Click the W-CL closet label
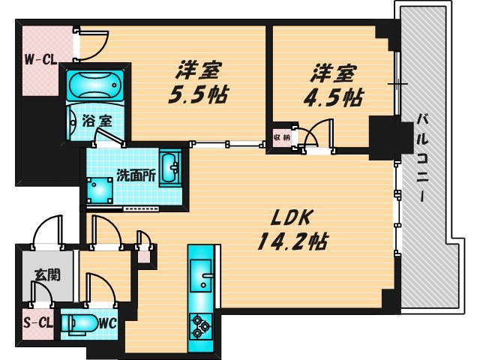40,59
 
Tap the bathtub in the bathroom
95,85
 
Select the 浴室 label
97,121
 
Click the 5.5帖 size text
198,94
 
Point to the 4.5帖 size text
333,97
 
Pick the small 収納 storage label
282,137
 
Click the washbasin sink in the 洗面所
170,168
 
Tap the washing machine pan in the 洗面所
100,190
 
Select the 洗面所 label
136,176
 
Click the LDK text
292,218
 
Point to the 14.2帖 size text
292,241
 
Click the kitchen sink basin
201,275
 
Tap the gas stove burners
201,326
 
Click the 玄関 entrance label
47,275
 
